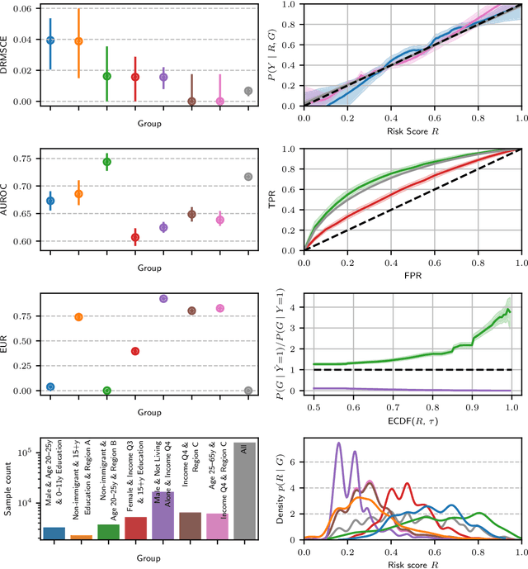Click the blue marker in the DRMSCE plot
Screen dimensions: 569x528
[x=50, y=40]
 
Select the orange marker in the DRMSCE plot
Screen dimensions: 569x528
[x=78, y=41]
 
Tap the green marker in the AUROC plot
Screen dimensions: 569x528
[x=106, y=162]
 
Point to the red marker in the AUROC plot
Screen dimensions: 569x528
[x=135, y=237]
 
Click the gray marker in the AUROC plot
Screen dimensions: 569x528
[x=248, y=177]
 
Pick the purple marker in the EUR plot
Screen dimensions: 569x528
[x=163, y=299]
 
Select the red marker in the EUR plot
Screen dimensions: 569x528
[x=135, y=351]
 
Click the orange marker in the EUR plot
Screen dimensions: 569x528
[x=78, y=317]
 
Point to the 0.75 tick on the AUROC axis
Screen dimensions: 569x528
[x=28, y=158]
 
